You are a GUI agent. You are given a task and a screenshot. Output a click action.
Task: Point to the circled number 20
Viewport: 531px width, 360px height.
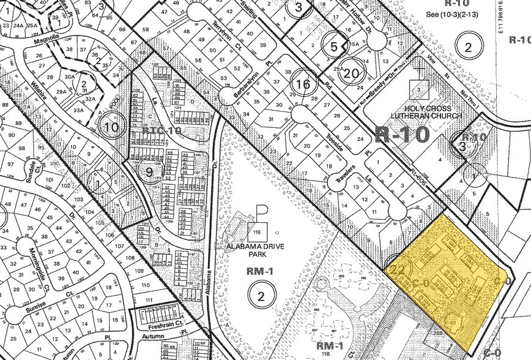click(351, 73)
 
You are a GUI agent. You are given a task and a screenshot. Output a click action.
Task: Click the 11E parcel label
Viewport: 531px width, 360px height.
click(258, 231)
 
